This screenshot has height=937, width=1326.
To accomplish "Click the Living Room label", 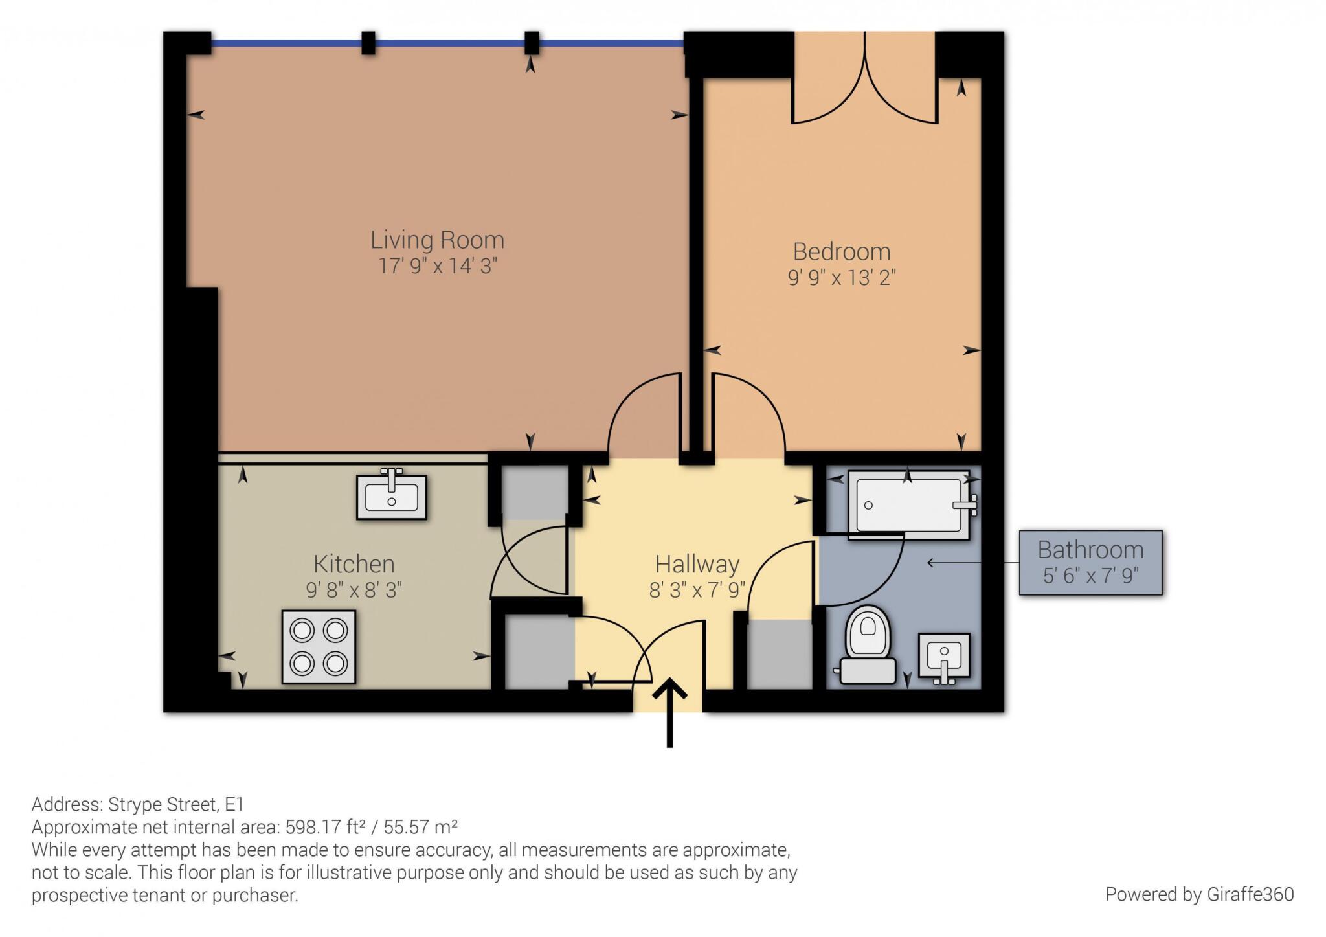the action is coord(437,240).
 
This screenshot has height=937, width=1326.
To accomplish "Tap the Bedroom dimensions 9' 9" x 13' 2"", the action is coord(842,278).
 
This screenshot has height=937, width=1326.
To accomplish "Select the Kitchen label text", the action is coord(354,564).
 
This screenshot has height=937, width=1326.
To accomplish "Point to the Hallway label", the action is coord(697,565).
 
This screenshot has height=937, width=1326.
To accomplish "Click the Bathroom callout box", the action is coord(1091,563).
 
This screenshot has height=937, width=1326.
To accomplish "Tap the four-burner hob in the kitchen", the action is coord(319,647).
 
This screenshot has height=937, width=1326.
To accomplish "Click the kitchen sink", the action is coord(391,495).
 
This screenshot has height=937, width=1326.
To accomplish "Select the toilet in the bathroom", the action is coord(868,645).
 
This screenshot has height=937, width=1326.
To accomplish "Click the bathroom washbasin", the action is coord(944,657).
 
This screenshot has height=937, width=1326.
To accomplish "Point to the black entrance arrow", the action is coord(669,712).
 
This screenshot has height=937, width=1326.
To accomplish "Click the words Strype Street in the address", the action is coord(163,804).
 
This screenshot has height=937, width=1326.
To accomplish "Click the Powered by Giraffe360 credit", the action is coord(1200,894).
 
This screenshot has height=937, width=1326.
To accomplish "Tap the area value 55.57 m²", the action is coord(421,827).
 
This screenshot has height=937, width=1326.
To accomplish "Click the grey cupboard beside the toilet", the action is coord(780,654).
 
